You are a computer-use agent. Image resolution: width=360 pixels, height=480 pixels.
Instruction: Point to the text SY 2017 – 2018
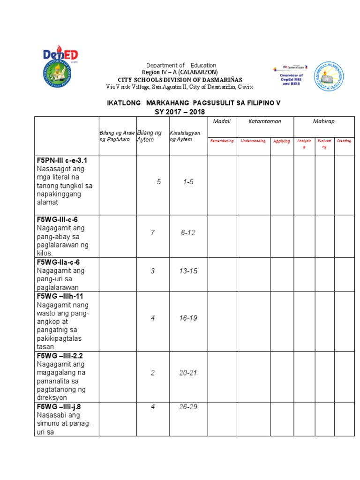pos(180,112)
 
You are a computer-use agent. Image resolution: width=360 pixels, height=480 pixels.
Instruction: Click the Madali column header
pos(222,121)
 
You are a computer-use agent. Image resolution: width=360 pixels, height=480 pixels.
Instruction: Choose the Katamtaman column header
pos(265,121)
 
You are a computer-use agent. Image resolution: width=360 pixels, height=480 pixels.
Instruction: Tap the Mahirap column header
pos(324,121)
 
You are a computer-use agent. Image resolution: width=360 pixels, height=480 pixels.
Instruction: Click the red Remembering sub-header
pos(222,141)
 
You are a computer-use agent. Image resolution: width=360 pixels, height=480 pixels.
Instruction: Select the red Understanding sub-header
pos(253,141)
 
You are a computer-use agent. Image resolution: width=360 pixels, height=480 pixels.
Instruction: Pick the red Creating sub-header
pos(344,141)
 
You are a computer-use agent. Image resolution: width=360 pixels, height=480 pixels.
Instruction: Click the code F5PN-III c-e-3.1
pos(62,160)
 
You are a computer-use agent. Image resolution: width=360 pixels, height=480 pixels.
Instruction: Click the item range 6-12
pos(188,232)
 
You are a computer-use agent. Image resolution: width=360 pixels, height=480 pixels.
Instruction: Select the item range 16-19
pos(188,318)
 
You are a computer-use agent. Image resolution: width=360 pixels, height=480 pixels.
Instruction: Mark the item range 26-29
pos(188,406)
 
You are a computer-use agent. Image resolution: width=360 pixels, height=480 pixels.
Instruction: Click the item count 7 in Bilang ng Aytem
pos(153,232)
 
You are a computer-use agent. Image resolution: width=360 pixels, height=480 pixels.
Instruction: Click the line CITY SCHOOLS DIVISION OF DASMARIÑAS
pos(180,80)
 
